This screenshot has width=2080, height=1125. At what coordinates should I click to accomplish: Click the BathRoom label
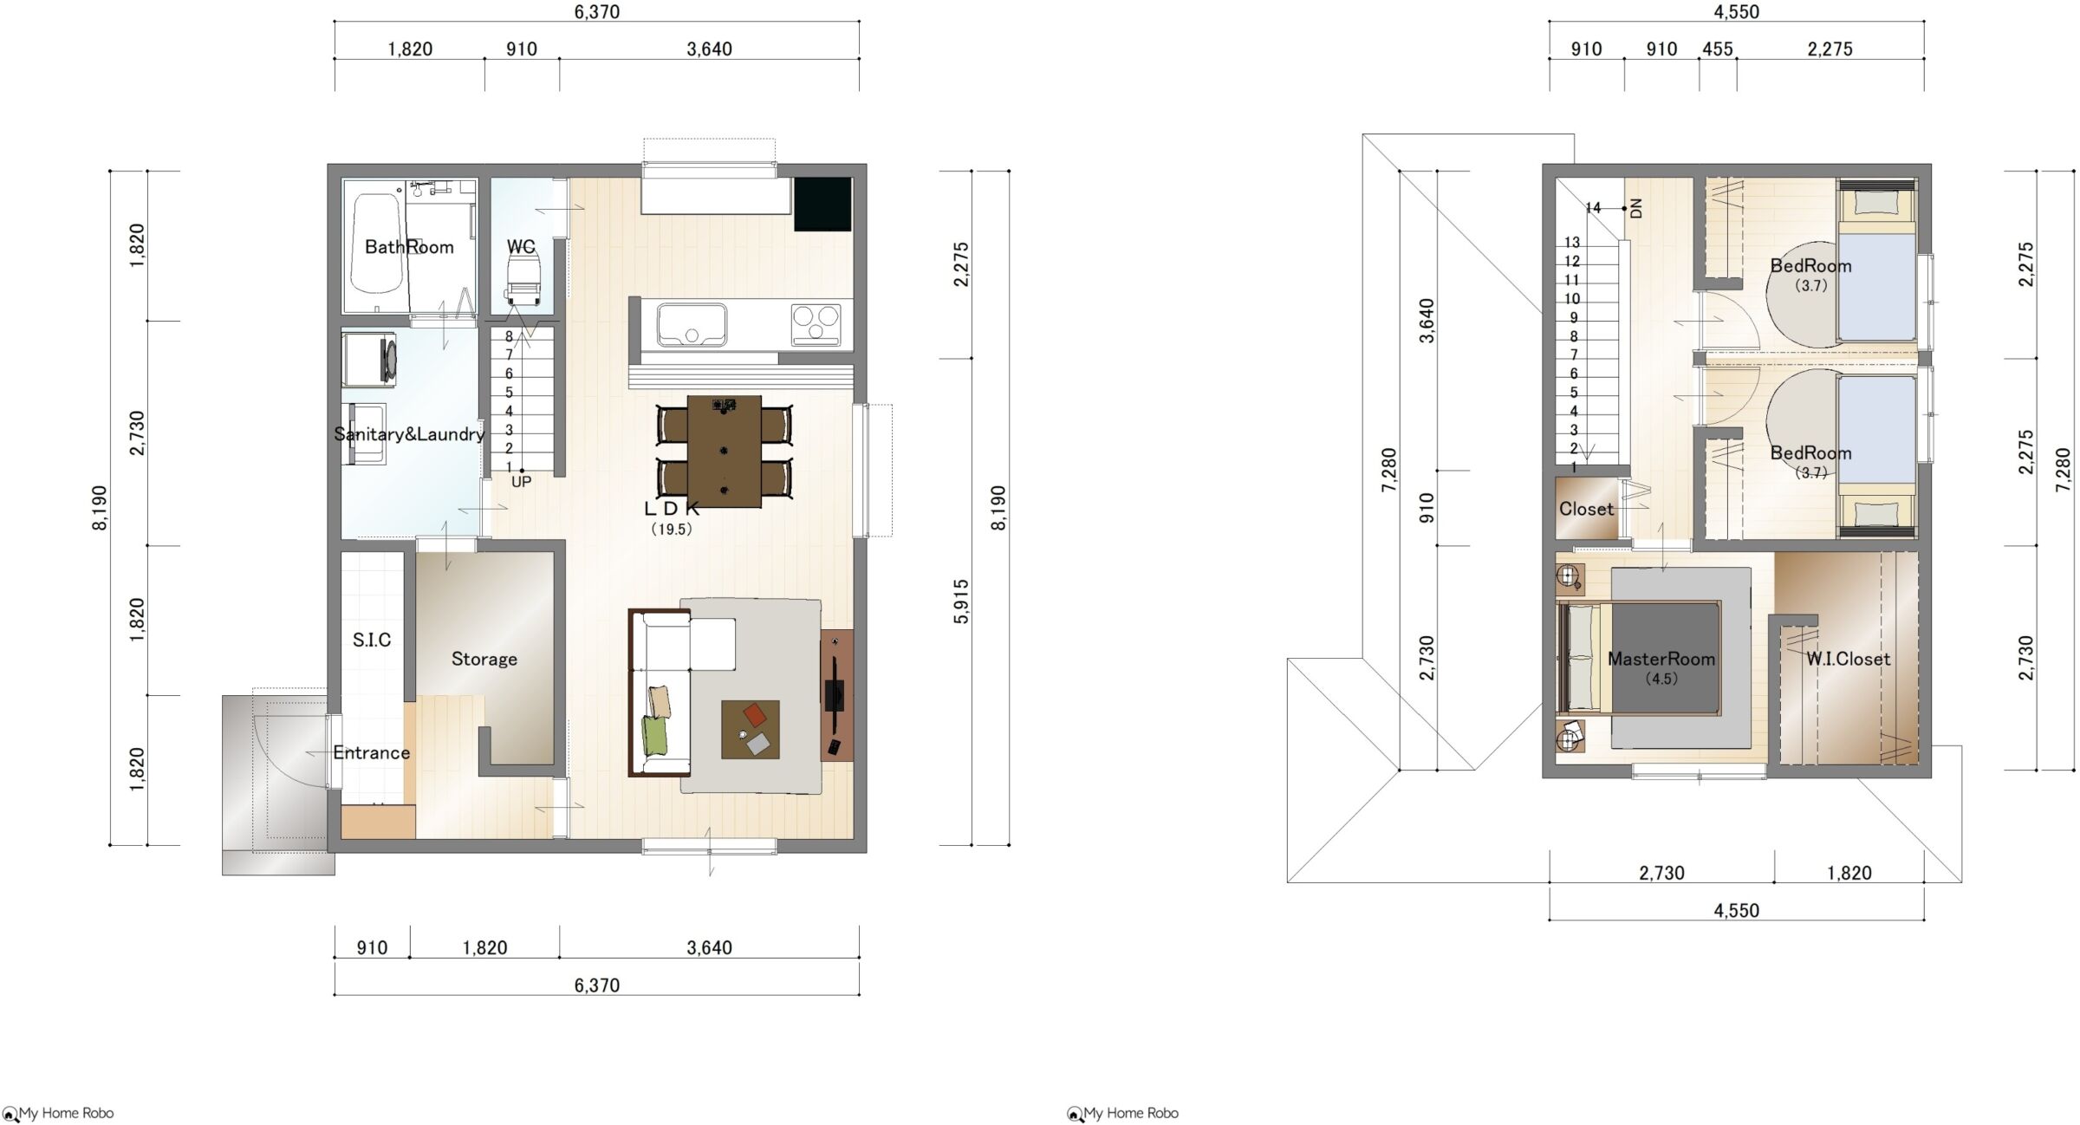(409, 247)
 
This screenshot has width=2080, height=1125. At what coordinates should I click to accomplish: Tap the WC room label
(521, 247)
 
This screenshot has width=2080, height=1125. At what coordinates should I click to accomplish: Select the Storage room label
(484, 659)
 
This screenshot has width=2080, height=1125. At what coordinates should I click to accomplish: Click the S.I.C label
(372, 640)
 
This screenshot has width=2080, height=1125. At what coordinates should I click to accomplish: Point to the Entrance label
(372, 752)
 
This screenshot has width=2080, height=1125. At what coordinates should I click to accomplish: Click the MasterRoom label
(1661, 659)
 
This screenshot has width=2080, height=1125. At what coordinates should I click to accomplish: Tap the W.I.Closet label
(1848, 659)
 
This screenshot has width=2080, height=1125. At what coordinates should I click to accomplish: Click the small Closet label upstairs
(1586, 509)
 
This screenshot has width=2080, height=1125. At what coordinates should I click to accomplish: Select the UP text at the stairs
(521, 482)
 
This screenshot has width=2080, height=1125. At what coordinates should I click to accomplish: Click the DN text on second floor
(1636, 208)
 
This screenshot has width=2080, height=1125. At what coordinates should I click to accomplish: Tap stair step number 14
(1593, 208)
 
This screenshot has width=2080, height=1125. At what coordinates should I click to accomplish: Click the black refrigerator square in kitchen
(822, 205)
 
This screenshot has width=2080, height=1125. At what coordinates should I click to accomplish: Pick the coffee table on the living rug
(750, 730)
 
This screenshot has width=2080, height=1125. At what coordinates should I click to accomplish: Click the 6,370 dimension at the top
(596, 11)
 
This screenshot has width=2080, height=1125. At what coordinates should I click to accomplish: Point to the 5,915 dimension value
(961, 602)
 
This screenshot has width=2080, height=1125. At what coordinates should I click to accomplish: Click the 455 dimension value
(1717, 49)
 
